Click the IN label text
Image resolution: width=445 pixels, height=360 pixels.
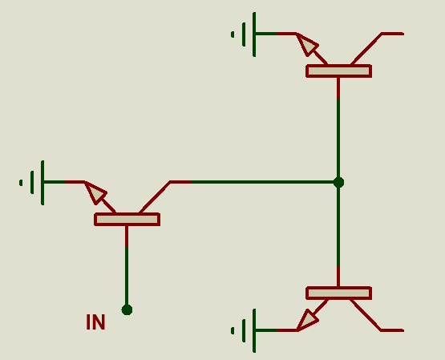[x=95, y=322]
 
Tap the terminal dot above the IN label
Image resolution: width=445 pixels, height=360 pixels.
[x=127, y=309]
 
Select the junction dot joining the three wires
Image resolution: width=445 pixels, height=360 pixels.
[x=338, y=182]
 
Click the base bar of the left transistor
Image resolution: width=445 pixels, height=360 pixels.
[x=127, y=220]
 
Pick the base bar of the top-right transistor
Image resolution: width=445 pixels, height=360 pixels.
[x=339, y=71]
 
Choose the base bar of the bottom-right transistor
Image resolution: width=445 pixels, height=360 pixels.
[x=339, y=293]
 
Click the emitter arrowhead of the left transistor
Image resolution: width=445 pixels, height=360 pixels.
[x=95, y=192]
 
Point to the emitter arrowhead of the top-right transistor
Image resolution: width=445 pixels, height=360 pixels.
[x=306, y=44]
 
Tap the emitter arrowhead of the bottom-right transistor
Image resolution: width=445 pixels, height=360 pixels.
[x=307, y=320]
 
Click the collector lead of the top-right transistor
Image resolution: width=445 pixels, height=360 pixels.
[x=377, y=49]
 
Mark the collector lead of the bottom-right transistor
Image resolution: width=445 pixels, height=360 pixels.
[x=377, y=314]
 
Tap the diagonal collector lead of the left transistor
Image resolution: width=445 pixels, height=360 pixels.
[x=155, y=197]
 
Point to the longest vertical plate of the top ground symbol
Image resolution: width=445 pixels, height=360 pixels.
[x=254, y=34]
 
